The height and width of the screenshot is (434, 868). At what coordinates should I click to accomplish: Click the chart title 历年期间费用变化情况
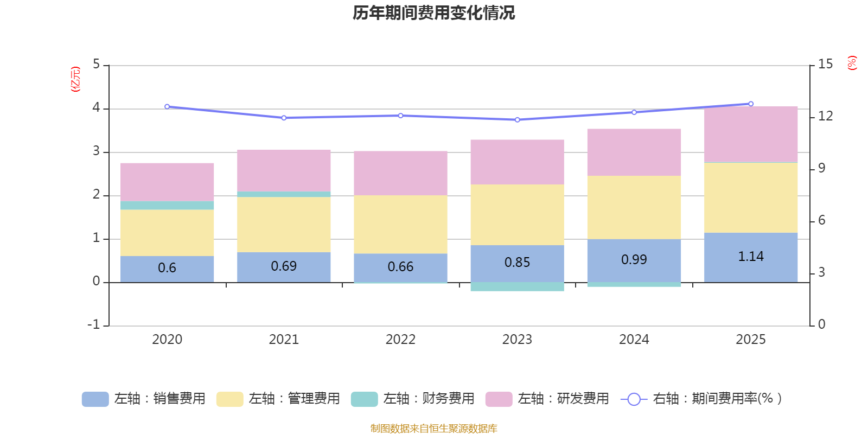click(x=433, y=13)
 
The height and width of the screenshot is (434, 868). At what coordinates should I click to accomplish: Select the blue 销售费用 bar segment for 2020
click(x=167, y=269)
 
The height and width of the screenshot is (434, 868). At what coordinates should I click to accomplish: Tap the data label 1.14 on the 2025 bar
click(x=751, y=257)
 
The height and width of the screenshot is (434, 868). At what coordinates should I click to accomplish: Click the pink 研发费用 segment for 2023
click(x=517, y=162)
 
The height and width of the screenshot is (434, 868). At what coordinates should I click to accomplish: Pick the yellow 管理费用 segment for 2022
click(x=400, y=224)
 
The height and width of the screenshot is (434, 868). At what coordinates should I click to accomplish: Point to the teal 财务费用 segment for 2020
click(x=167, y=205)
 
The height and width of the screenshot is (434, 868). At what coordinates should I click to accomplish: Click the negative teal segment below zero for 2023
click(x=517, y=286)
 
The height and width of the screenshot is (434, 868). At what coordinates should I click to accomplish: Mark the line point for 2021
click(x=284, y=118)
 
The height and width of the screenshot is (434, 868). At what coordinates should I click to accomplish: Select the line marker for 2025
click(x=751, y=104)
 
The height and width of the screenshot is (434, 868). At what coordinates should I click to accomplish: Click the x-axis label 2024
click(x=634, y=340)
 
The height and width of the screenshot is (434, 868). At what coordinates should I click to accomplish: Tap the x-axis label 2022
click(x=400, y=340)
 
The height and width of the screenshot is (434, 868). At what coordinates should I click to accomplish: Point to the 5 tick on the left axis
click(x=97, y=65)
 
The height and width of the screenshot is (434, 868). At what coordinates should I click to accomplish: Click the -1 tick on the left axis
click(x=94, y=324)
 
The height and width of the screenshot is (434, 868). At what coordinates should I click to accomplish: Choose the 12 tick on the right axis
click(x=825, y=116)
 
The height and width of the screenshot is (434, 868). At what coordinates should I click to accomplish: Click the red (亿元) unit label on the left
click(x=75, y=79)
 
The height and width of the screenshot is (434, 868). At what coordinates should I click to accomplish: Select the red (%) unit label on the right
click(x=852, y=63)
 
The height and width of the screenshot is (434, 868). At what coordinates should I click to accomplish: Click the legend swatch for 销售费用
click(x=95, y=399)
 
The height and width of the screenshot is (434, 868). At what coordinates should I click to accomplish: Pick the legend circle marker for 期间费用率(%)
click(x=634, y=399)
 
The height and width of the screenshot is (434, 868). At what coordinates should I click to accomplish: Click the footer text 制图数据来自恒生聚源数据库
click(x=433, y=429)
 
